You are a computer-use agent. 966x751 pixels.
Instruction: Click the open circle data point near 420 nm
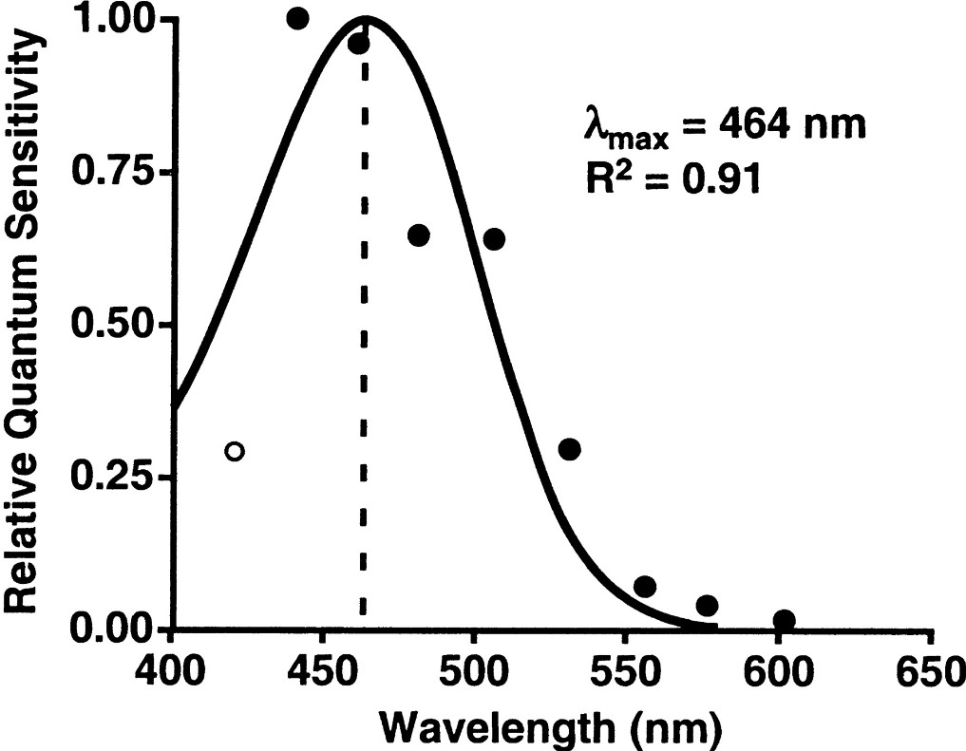click(x=235, y=451)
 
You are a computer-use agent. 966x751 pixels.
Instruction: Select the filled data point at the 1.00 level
click(x=298, y=18)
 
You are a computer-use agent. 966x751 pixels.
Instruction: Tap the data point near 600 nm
click(x=784, y=620)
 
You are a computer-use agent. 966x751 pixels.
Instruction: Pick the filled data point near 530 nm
click(x=569, y=449)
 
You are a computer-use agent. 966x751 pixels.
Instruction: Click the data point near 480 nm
click(x=419, y=235)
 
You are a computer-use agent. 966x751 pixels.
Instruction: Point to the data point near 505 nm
click(x=494, y=238)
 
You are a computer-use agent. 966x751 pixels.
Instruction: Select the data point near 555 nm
click(x=645, y=586)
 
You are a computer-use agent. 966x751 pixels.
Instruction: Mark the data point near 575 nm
click(x=707, y=605)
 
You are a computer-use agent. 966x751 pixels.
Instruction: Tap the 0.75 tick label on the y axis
click(x=111, y=173)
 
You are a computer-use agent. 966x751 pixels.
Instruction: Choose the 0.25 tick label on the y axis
click(x=111, y=478)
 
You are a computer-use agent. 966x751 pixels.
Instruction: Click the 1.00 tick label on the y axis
click(x=111, y=21)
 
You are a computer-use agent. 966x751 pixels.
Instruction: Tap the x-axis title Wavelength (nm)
click(x=551, y=726)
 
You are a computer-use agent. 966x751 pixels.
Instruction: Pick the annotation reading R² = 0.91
click(x=671, y=178)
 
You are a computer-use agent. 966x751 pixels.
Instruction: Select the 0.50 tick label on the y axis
click(x=111, y=326)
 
